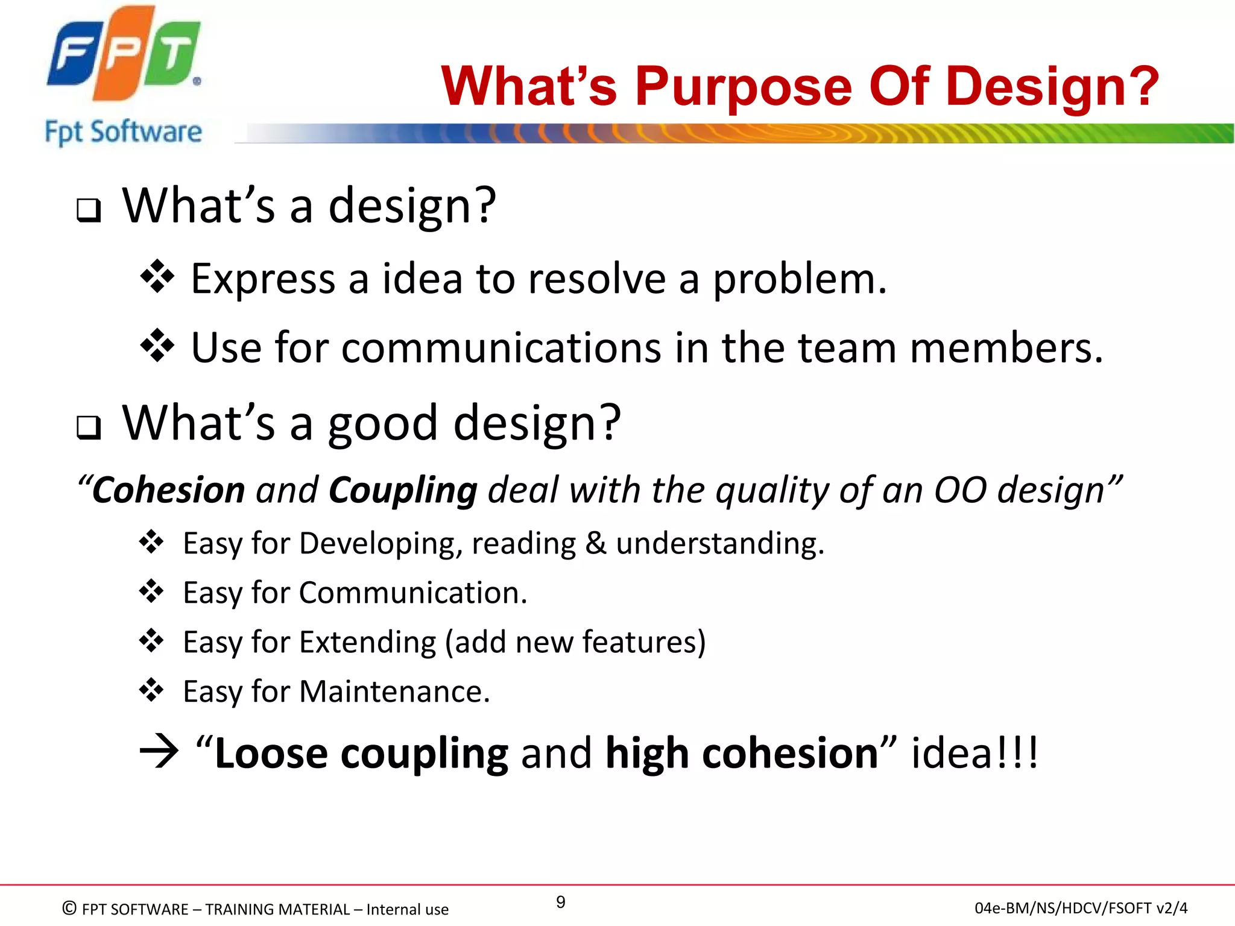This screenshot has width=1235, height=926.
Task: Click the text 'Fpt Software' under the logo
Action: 123,132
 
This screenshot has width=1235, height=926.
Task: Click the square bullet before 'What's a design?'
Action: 89,210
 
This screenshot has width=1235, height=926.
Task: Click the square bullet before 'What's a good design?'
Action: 89,427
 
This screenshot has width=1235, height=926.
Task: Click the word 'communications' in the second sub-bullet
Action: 501,348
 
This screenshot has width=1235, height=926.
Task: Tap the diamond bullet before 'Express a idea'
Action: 157,277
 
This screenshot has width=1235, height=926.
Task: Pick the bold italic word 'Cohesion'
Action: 168,490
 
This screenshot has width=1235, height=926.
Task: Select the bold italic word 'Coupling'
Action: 403,491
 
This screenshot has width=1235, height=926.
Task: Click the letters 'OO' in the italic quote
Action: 960,490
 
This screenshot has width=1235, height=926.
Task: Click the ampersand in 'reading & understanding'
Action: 595,543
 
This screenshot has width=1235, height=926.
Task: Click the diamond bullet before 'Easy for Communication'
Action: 151,591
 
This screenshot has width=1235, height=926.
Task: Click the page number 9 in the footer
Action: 560,902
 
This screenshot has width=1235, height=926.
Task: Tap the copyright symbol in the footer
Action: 69,908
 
